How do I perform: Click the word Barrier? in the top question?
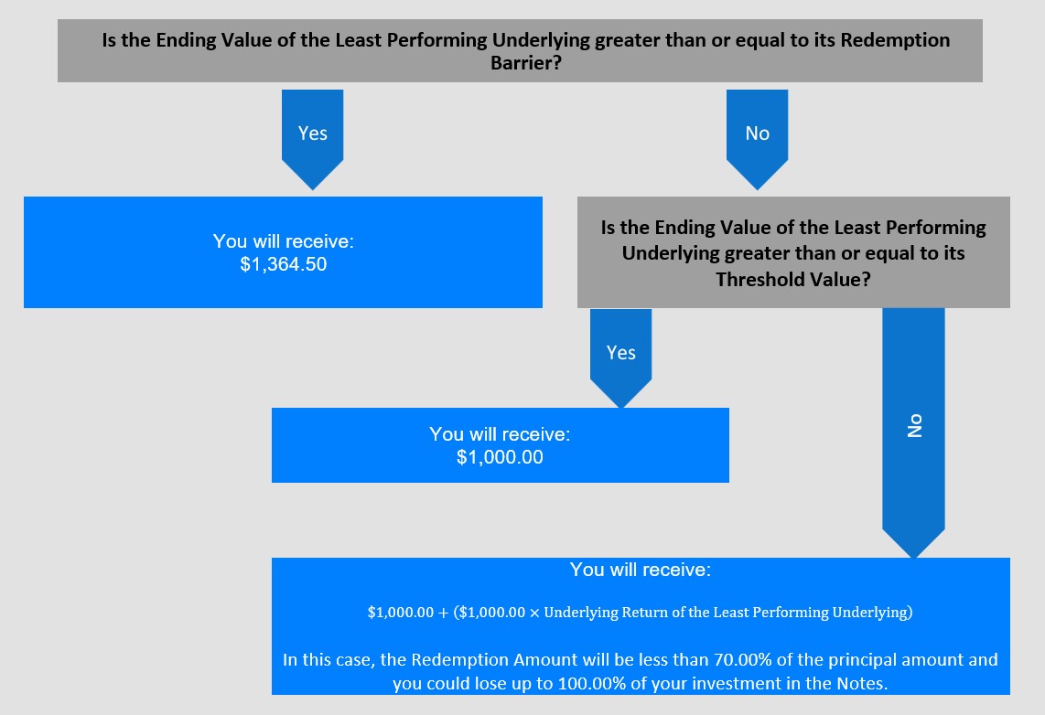pos(526,62)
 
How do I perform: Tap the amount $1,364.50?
pos(284,264)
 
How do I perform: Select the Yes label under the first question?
pos(313,133)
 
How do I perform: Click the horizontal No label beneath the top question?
pos(757,133)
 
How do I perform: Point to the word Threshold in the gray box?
pos(750,279)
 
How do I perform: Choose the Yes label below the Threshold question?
pos(621,353)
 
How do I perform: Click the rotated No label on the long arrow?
pos(914,425)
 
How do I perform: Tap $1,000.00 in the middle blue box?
pos(500,457)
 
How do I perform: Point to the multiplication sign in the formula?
pos(534,613)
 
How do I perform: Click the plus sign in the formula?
pos(443,613)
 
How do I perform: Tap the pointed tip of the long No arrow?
pos(914,558)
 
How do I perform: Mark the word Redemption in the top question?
pos(895,40)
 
